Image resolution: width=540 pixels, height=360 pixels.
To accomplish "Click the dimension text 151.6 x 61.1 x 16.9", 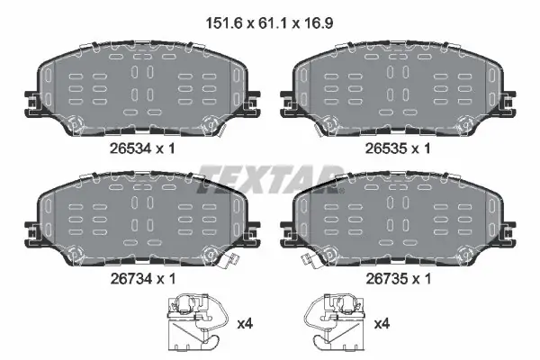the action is coord(269,23).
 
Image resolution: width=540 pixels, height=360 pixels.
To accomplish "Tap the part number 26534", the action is coord(130,148).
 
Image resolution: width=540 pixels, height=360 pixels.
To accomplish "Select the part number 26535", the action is coord(386,148).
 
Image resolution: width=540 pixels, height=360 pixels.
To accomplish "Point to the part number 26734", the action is coord(130,278).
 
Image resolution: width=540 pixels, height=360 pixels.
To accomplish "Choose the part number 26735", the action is coord(386,278).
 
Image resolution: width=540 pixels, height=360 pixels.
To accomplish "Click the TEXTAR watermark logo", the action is coord(270,179).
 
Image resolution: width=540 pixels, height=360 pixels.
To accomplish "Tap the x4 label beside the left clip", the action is coord(245,324).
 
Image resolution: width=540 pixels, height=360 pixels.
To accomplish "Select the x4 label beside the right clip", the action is coord(382,324).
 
